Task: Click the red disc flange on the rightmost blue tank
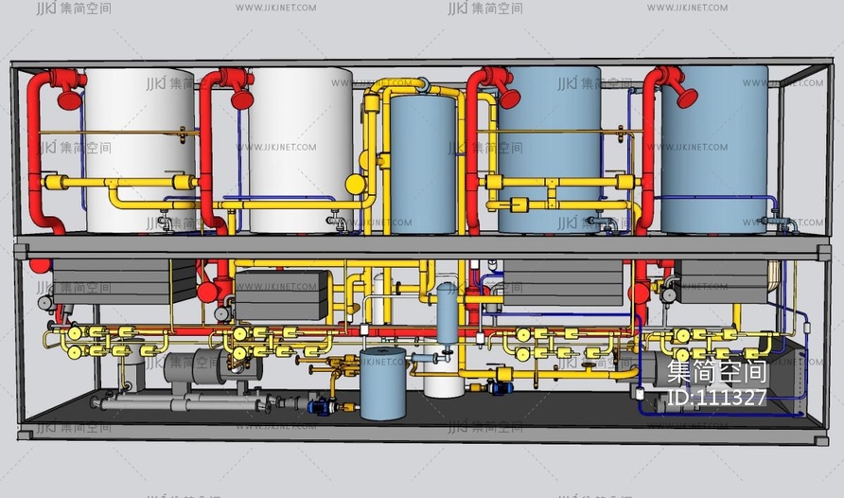click(x=683, y=95)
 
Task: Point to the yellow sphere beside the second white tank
click(x=355, y=184)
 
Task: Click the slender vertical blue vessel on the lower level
click(x=447, y=312)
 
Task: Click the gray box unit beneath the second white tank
click(x=281, y=294)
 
